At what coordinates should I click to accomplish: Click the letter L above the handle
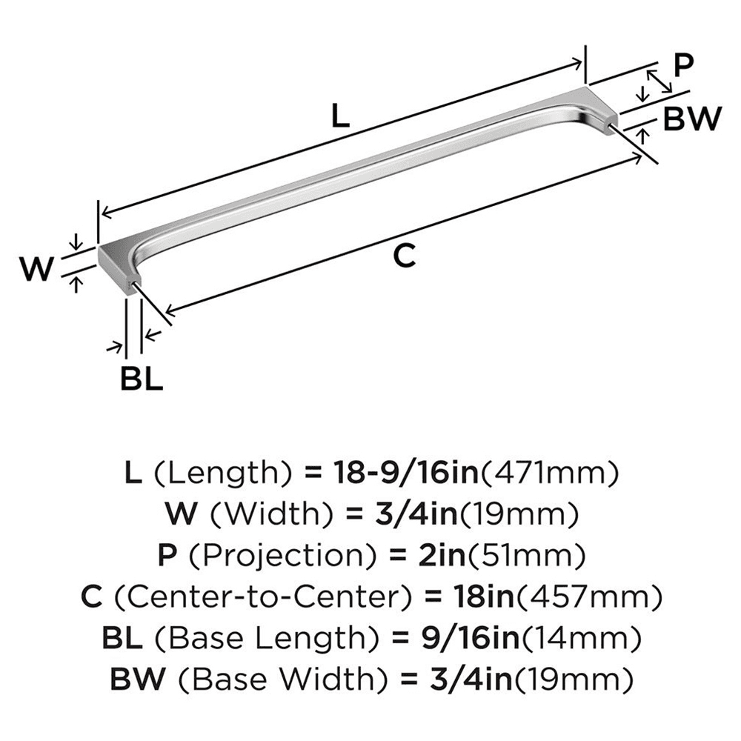point(339,117)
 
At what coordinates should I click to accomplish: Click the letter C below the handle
point(402,256)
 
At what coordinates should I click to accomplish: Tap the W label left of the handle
point(36,268)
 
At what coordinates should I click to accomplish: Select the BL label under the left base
point(141,380)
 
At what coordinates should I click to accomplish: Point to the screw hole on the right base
point(612,127)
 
